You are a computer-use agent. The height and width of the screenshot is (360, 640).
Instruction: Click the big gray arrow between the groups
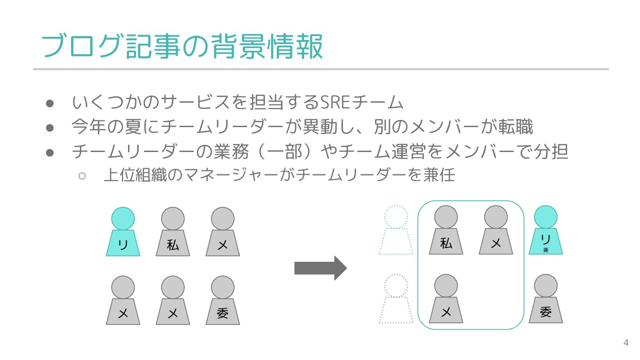coord(320,268)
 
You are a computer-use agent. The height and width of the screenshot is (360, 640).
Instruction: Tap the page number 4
coord(626,343)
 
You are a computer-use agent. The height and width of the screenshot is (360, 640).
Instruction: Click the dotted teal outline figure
coord(396,230)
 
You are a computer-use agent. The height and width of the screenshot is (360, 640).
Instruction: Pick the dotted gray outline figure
coord(396,299)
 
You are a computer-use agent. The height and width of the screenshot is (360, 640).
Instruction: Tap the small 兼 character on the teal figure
coord(546,250)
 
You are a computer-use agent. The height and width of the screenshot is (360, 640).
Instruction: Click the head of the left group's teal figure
coord(123,218)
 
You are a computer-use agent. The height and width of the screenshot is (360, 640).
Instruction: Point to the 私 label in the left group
coord(173,245)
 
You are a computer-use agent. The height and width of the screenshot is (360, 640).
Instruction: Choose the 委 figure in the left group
coord(223,300)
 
